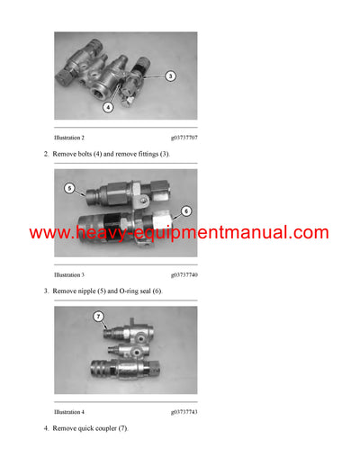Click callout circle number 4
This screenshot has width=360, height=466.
[108, 108]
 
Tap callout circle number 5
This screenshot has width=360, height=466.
[69, 189]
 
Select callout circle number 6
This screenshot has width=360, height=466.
[187, 211]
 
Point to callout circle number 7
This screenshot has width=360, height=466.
[99, 317]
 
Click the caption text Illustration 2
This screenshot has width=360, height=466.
[69, 138]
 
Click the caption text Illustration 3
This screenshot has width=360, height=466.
[69, 274]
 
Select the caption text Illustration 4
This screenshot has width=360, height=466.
[69, 411]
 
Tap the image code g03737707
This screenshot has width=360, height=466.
[184, 138]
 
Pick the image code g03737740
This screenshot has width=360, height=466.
[184, 274]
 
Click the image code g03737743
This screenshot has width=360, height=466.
[184, 411]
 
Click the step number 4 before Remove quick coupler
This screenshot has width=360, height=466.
[46, 428]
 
